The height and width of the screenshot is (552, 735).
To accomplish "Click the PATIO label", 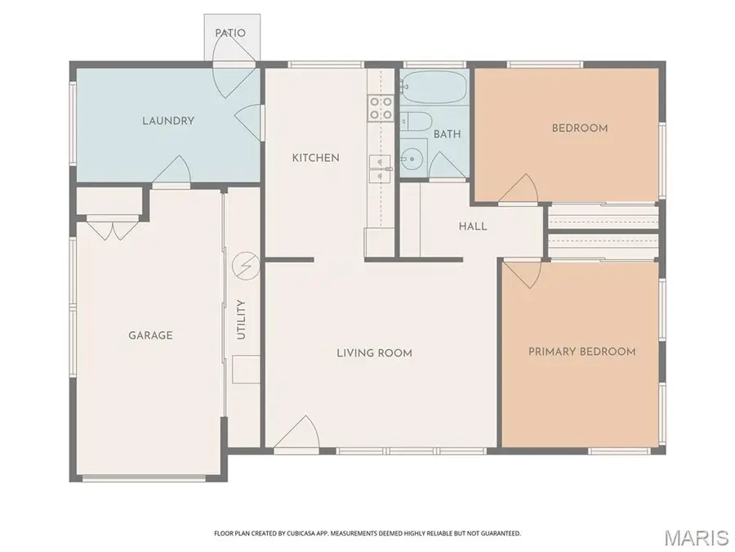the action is (x=230, y=33).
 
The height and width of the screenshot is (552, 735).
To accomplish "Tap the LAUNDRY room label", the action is (x=168, y=121).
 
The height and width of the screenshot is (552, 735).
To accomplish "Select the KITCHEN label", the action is (x=315, y=158).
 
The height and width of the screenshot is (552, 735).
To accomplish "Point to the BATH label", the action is (x=447, y=134).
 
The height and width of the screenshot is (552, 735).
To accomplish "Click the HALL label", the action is (x=473, y=227).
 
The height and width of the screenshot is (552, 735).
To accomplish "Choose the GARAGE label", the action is (x=150, y=335).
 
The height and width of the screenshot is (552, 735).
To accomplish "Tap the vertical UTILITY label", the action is (x=241, y=320).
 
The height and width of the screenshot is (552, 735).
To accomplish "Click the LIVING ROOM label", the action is (x=375, y=353).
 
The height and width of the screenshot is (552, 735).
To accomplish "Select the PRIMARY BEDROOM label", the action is (x=582, y=352).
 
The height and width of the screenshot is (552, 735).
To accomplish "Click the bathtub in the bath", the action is (x=434, y=88).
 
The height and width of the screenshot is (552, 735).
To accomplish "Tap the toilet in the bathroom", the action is (x=416, y=122).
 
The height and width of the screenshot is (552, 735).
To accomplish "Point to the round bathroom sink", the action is (x=412, y=159).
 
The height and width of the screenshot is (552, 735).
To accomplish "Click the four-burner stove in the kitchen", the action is (x=381, y=108).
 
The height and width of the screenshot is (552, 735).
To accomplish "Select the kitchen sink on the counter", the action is (x=380, y=168).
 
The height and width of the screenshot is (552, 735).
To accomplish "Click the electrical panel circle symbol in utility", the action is (x=246, y=266).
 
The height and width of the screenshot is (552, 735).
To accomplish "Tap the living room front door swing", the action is (x=296, y=433).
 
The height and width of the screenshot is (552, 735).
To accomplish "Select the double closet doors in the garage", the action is (x=113, y=230).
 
